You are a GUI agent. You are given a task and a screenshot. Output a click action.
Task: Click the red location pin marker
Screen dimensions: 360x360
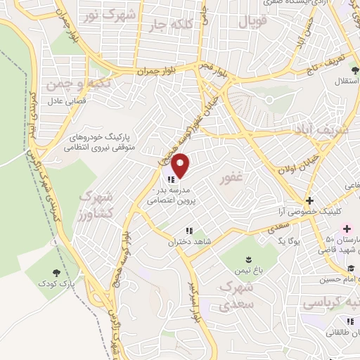point(181,167)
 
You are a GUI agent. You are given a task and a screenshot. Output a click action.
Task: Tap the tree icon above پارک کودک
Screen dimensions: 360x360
point(56,271)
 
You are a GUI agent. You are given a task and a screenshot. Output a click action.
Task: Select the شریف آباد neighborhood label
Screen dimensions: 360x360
point(316,131)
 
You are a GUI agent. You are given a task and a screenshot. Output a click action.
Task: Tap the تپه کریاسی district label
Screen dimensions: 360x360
point(330,304)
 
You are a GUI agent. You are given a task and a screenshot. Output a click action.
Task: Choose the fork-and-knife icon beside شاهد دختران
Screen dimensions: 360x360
point(188,230)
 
